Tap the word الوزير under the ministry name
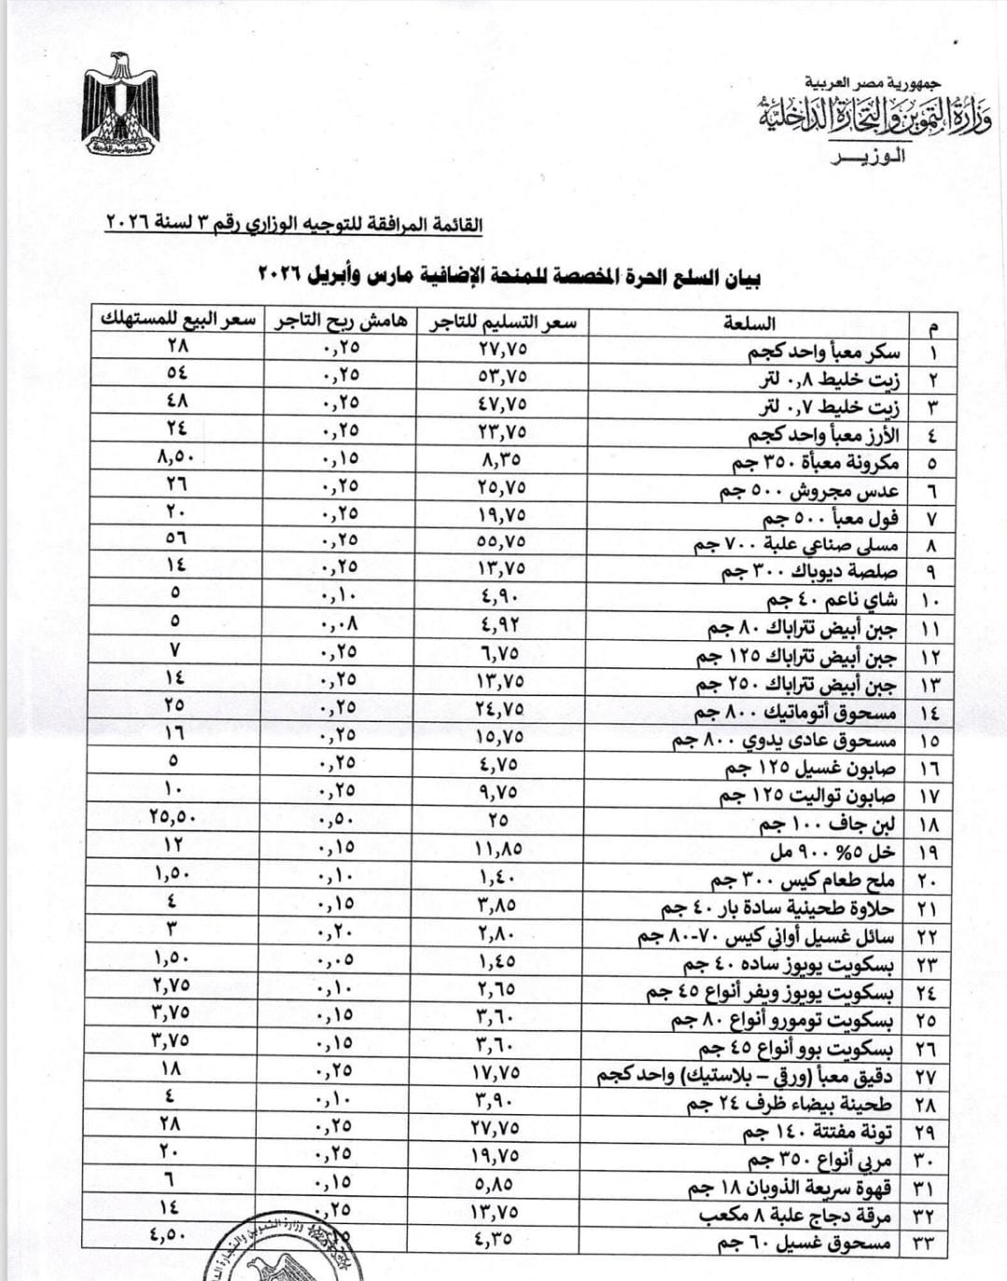point(867,156)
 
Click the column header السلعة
point(749,324)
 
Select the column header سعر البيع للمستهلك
point(177,319)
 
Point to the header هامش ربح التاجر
point(341,321)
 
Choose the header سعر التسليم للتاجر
point(502,322)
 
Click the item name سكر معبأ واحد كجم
point(824,352)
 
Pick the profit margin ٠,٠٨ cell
point(340,623)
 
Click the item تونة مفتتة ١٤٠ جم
point(817,1133)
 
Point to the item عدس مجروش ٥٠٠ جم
point(808,491)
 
